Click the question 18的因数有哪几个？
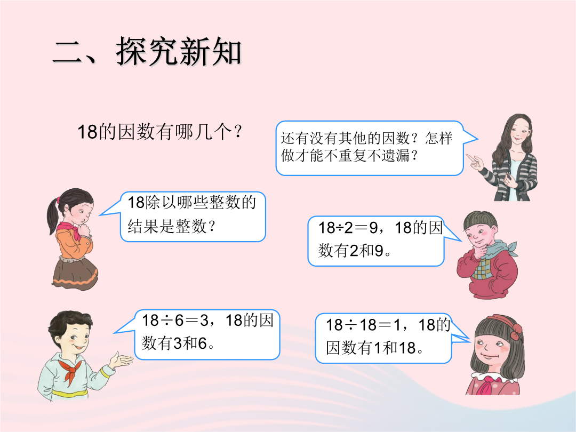click(160, 132)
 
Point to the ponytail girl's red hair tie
click(58, 201)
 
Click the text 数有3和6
click(178, 343)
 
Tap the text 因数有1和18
click(374, 348)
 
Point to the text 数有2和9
click(355, 251)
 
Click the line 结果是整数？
click(171, 226)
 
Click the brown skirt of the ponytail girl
click(74, 272)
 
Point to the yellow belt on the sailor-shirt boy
click(70, 393)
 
